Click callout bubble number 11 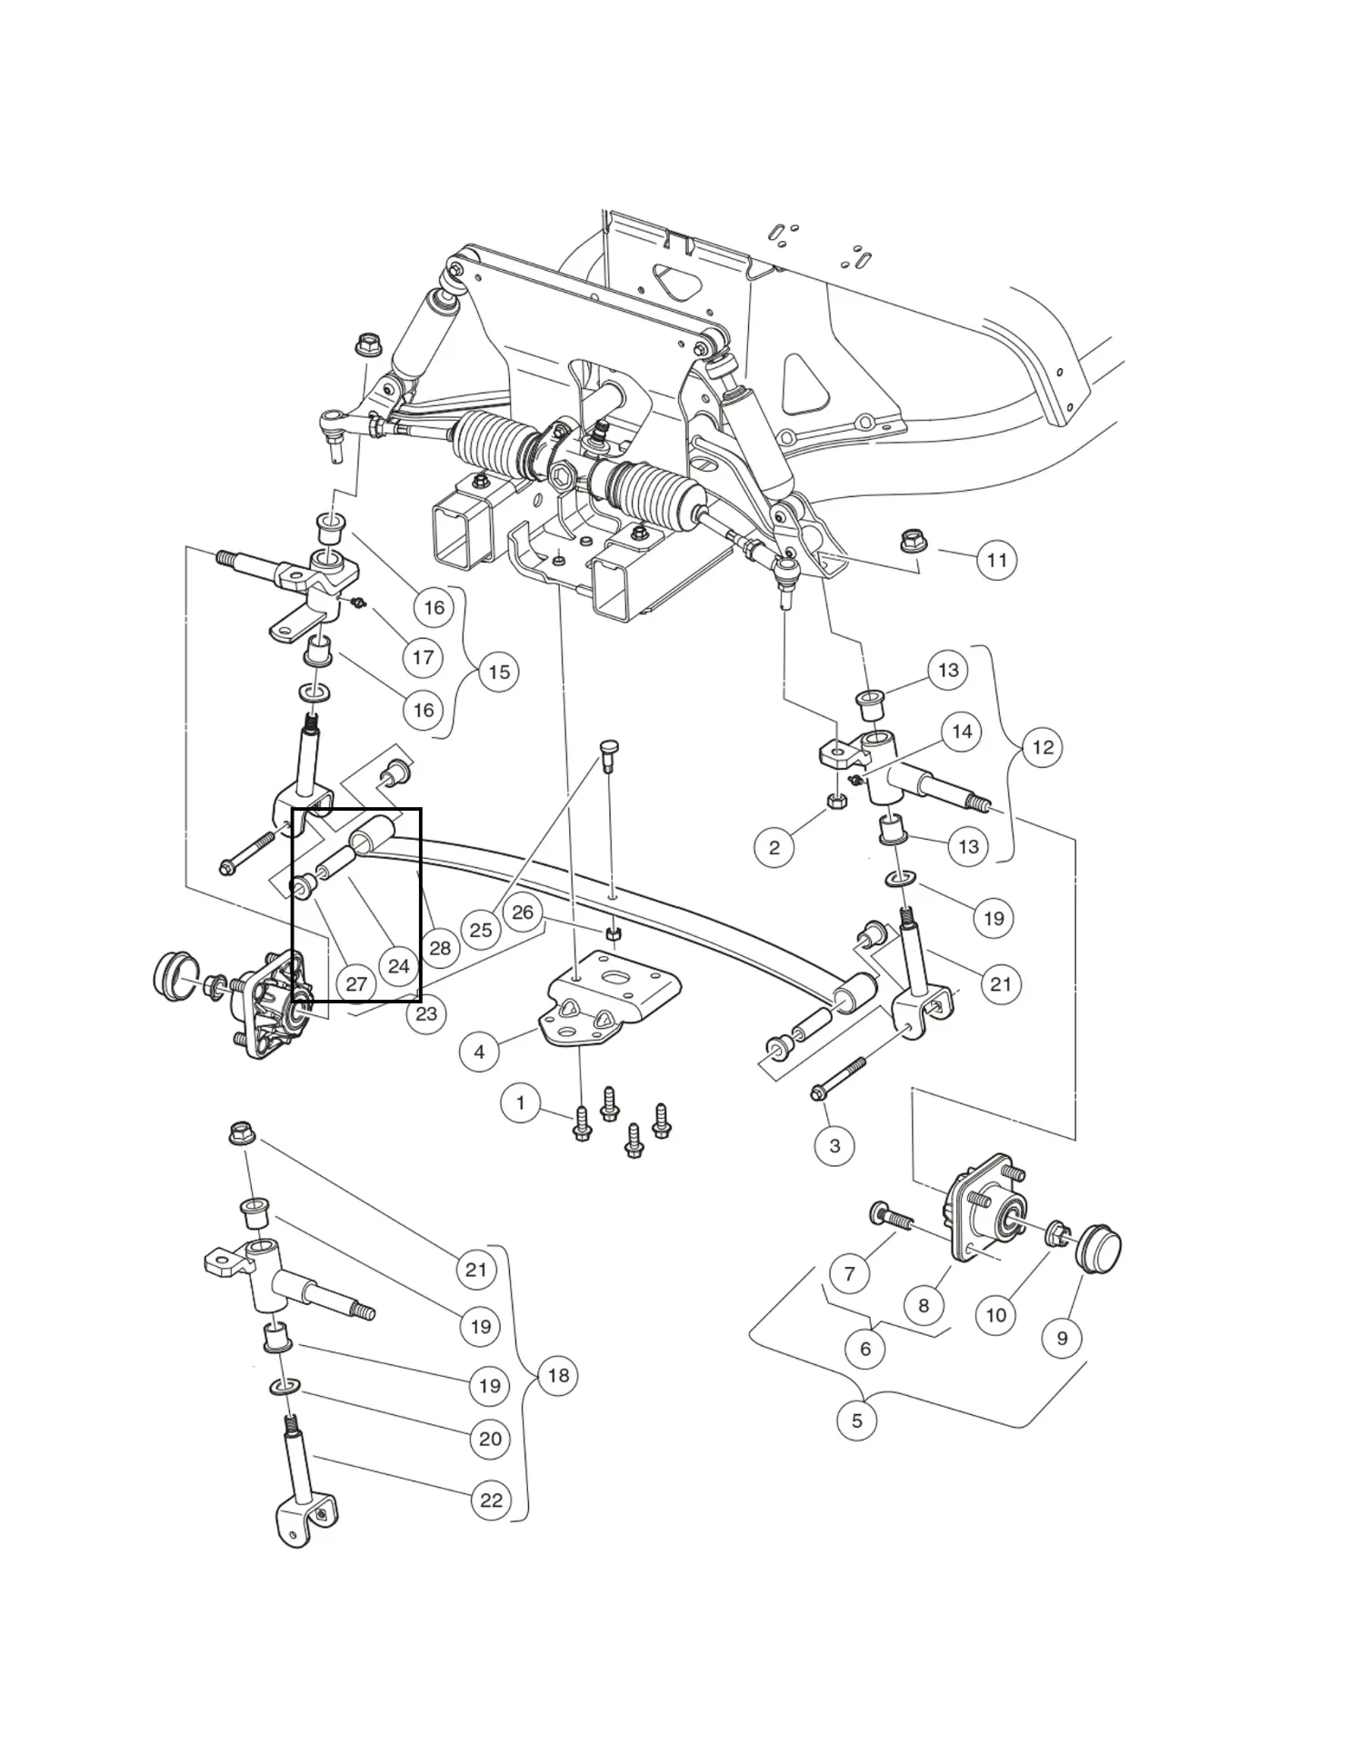[997, 560]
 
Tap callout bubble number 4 [479, 1052]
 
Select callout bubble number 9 [1062, 1338]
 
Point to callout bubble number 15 [499, 673]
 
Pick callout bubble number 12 [1043, 747]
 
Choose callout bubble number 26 [523, 912]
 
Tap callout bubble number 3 [834, 1146]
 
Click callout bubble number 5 [856, 1420]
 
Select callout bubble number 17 [423, 657]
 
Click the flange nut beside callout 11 [912, 542]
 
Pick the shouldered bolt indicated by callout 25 [607, 753]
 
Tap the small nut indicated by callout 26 [614, 933]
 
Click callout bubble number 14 [962, 732]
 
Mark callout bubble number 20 [490, 1439]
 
